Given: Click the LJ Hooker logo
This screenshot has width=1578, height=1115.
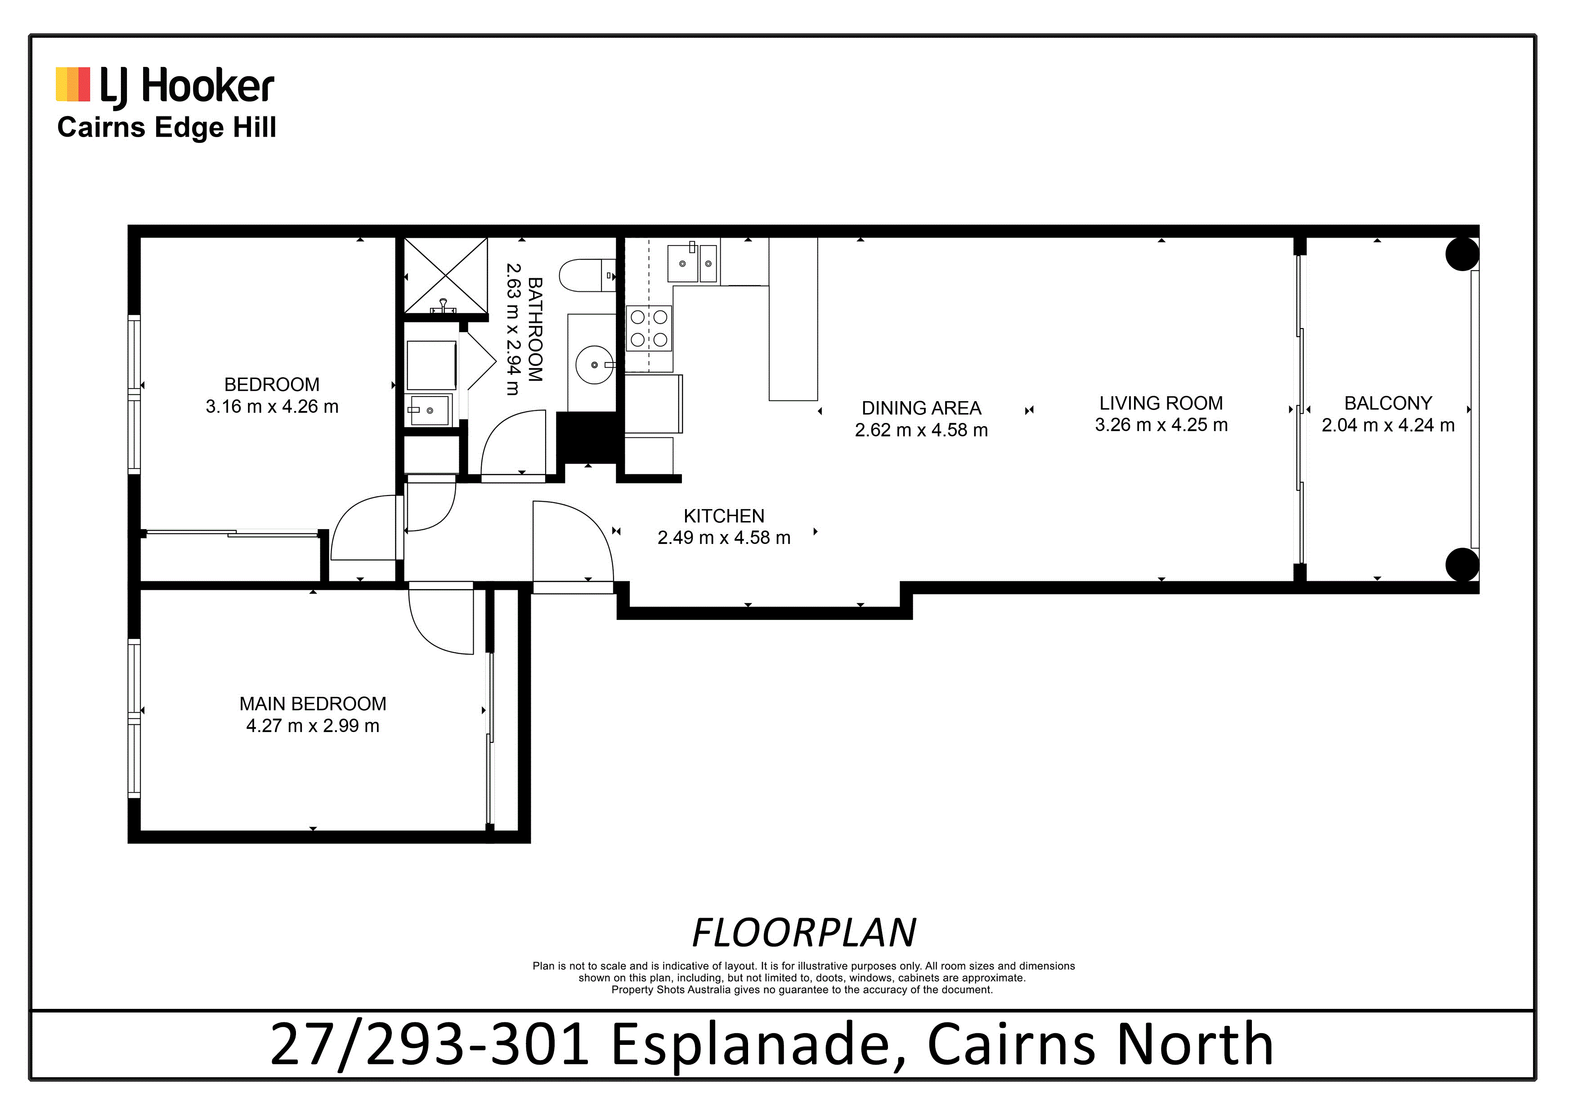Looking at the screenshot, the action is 165,87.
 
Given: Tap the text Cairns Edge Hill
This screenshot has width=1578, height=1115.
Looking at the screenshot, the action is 166,128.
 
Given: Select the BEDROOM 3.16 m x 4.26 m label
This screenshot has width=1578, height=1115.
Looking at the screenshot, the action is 272,395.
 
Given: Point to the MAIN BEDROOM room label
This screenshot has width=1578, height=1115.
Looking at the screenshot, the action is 313,704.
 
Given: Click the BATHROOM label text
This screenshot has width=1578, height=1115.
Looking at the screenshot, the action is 535,329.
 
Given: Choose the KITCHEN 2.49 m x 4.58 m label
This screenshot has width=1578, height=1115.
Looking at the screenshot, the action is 724,527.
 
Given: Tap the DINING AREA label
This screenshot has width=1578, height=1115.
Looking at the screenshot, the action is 921,408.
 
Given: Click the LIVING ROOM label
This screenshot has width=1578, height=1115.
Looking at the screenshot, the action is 1161,403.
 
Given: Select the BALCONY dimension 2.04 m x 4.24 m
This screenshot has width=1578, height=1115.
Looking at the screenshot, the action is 1388,425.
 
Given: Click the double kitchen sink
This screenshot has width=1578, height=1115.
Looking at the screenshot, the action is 693,263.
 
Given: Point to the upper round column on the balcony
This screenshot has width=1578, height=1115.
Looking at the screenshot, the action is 1462,254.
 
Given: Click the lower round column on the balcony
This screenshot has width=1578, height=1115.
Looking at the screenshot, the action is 1462,565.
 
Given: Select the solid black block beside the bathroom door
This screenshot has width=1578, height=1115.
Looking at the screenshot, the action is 586,437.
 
